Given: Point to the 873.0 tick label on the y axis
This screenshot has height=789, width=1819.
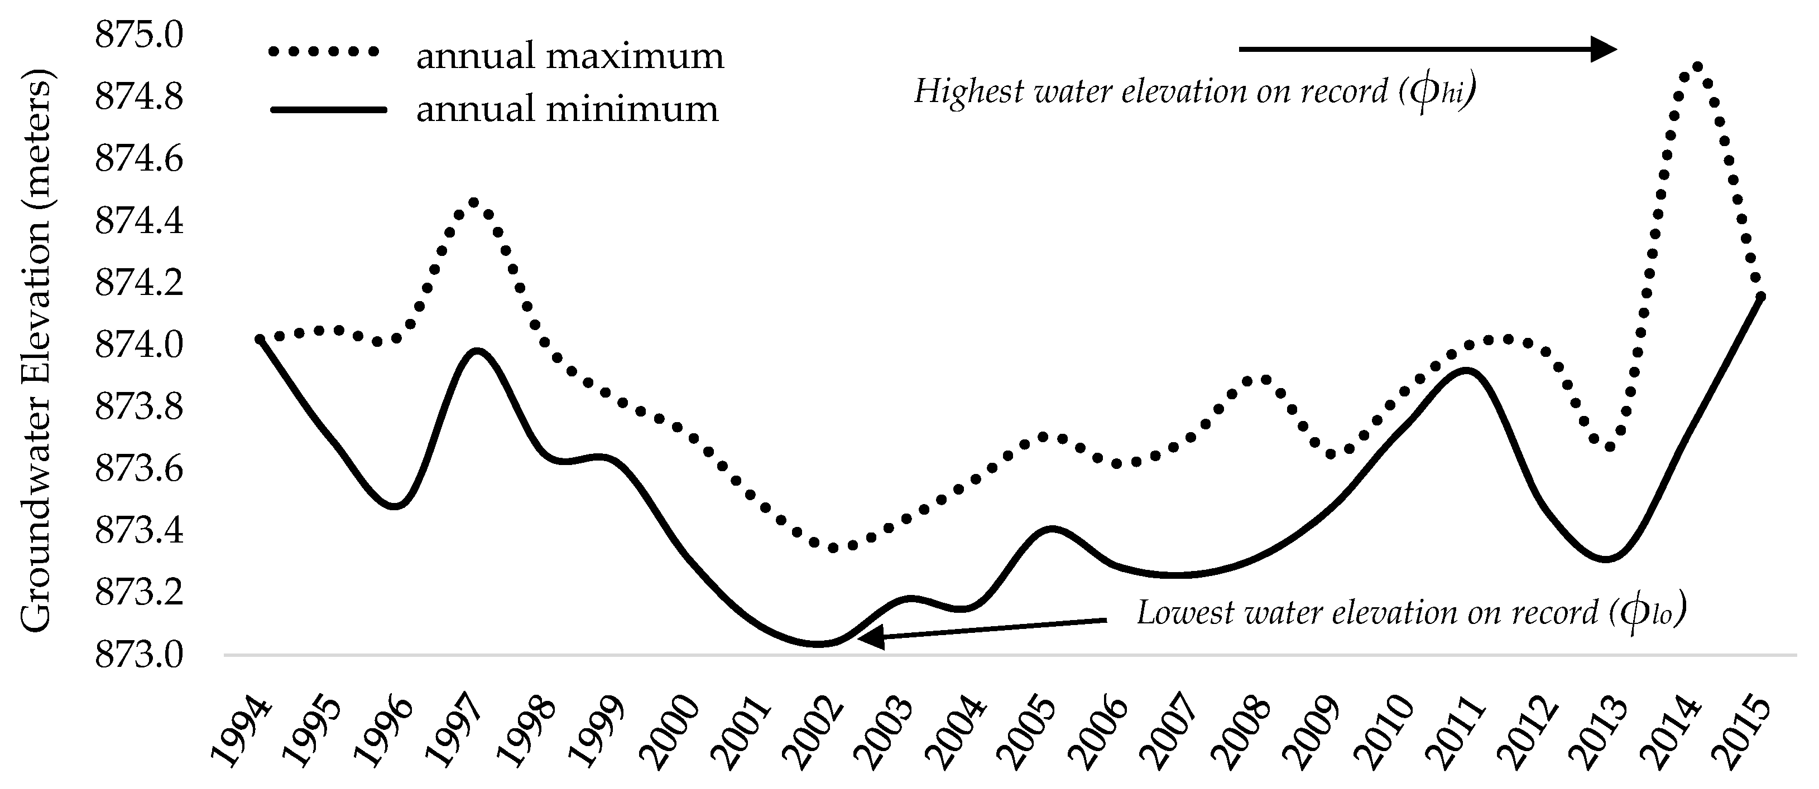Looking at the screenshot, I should click(x=139, y=656).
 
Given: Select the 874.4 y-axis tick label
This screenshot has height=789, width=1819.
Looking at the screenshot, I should click(x=139, y=221).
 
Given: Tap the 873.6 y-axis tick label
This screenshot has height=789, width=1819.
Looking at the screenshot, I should click(x=139, y=470).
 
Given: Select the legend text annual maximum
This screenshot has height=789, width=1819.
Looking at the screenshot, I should click(x=570, y=56).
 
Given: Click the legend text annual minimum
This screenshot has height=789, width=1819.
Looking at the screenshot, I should click(x=567, y=109).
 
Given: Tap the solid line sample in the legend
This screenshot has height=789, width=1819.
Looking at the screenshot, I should click(x=328, y=109).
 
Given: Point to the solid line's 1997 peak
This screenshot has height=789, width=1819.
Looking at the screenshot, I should click(x=478, y=351).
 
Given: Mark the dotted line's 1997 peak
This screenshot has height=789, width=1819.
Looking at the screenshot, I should click(x=474, y=202).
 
